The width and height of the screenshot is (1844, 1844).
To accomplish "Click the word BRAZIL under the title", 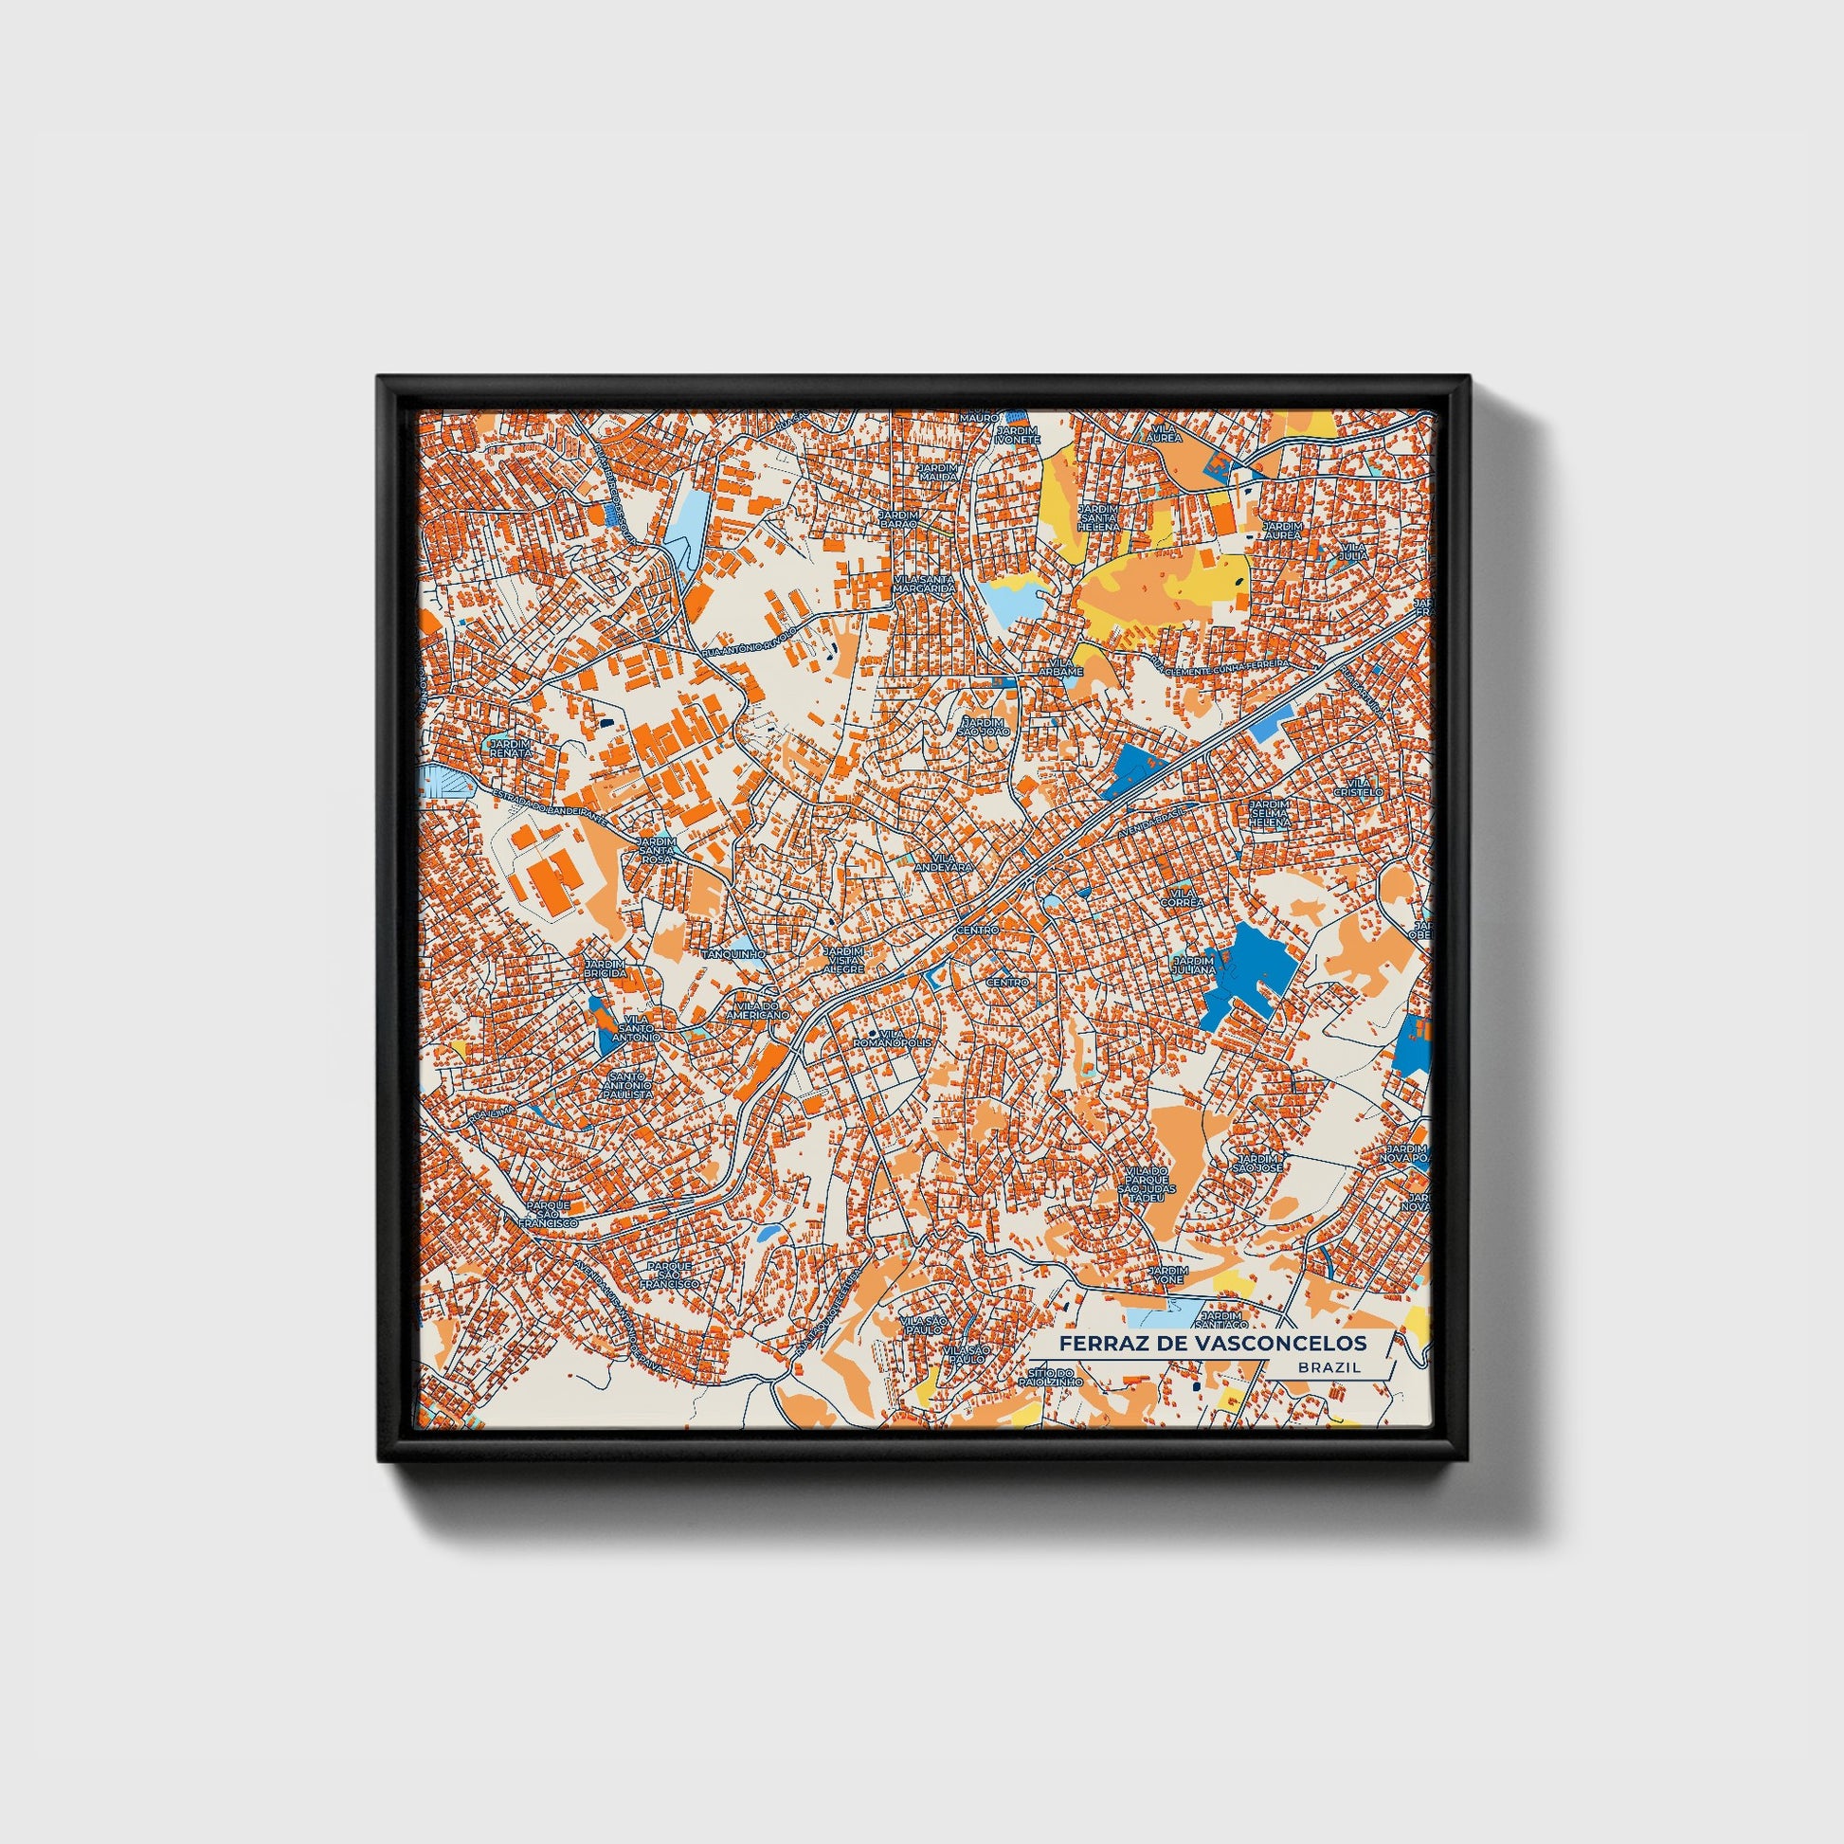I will pyautogui.click(x=1329, y=1366).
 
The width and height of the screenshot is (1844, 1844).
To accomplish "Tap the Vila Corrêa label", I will pyautogui.click(x=1180, y=896).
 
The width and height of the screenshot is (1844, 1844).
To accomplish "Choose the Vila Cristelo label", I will pyautogui.click(x=1359, y=787).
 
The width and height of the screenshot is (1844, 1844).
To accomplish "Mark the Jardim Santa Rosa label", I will pyautogui.click(x=657, y=849).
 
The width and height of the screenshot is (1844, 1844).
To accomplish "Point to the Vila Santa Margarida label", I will pyautogui.click(x=924, y=584).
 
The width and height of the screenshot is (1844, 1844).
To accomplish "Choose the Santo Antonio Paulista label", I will pyautogui.click(x=630, y=1085).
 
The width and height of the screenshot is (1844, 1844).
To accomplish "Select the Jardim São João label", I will pyautogui.click(x=983, y=728).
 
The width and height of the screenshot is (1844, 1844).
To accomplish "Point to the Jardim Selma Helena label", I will pyautogui.click(x=1270, y=813).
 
